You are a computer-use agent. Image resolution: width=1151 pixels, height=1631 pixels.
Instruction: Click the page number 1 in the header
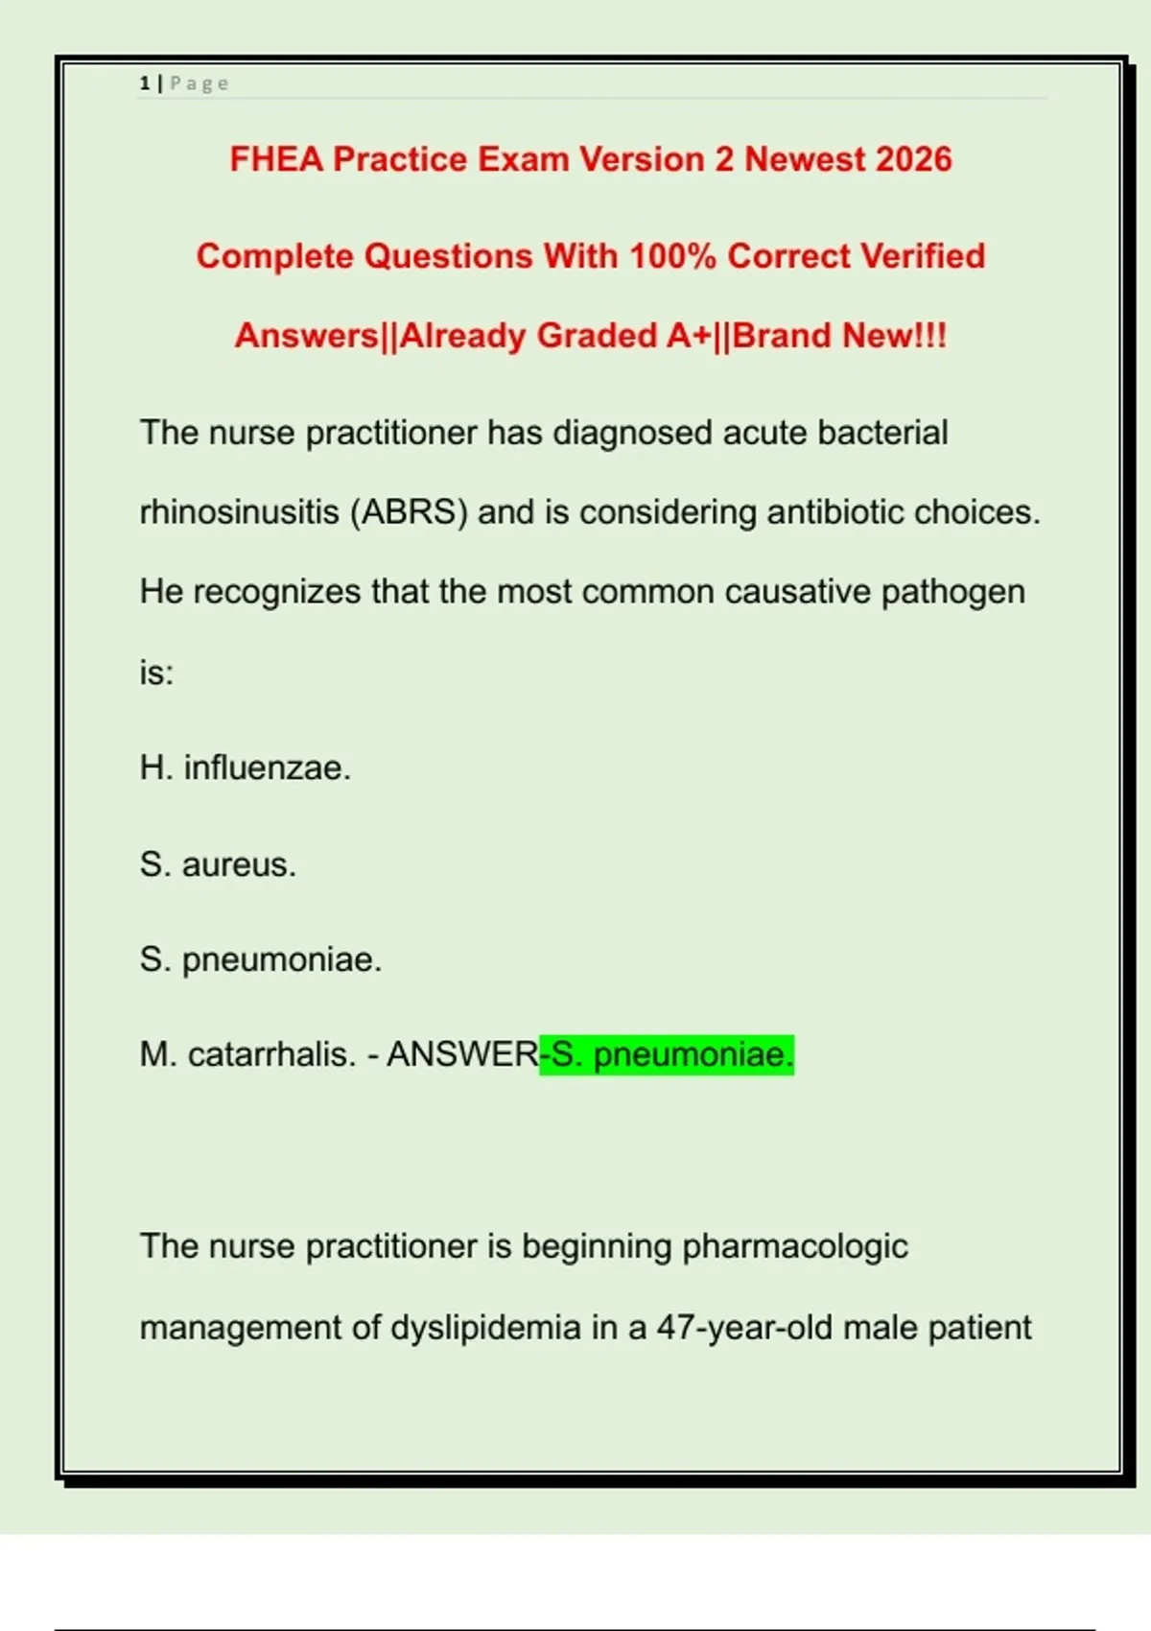click(144, 83)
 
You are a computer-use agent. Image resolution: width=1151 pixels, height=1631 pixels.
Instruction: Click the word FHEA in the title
click(276, 159)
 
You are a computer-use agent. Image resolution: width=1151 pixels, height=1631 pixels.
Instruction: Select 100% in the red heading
click(672, 256)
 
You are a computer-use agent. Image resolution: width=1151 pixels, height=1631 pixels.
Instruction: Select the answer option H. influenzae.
click(246, 768)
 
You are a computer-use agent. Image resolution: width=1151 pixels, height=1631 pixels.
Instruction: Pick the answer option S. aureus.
click(218, 864)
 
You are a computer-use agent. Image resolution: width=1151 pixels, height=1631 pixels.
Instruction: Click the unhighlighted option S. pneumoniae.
click(261, 959)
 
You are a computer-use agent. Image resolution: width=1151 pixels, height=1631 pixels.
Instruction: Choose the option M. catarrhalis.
click(247, 1054)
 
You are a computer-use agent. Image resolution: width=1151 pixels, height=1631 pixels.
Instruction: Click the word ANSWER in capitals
click(462, 1054)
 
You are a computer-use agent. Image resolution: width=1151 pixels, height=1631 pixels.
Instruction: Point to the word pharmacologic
click(794, 1246)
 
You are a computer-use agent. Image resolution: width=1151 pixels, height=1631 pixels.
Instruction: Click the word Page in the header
click(200, 83)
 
